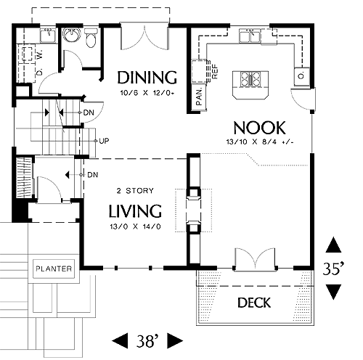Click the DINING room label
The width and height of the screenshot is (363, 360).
point(147,78)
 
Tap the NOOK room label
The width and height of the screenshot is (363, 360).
point(259,128)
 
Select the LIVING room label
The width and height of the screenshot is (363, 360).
point(135,211)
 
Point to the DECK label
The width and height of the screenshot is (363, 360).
point(254,303)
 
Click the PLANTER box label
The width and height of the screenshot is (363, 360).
point(54,269)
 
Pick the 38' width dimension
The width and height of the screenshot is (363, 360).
point(147,341)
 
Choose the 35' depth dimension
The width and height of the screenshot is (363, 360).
point(333,269)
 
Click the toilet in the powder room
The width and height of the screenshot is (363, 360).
point(91,38)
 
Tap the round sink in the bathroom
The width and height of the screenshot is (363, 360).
point(71,35)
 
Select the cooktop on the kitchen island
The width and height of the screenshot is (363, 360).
point(250,79)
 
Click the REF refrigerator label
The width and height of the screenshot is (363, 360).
point(214,72)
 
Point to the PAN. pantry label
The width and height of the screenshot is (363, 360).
point(200,97)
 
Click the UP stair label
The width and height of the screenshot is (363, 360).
point(104,141)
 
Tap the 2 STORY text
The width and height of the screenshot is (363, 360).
point(135,191)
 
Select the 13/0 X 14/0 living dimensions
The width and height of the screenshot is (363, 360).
point(135,226)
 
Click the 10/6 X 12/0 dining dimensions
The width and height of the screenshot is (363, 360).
point(147,93)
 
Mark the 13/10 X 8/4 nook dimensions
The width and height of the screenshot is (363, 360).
point(260,142)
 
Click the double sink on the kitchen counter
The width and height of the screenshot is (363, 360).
point(250,36)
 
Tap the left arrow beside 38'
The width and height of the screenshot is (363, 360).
point(120,341)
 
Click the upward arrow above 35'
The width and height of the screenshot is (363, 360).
point(333,245)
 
